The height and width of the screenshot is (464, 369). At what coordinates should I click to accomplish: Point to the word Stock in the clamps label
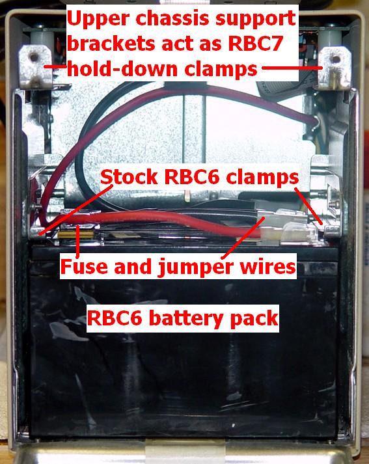pos(129,177)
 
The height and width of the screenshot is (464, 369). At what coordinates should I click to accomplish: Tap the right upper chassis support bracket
pos(335,68)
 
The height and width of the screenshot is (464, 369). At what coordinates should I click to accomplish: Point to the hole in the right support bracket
pos(336,59)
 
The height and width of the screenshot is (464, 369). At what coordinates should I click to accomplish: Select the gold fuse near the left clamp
pos(76,236)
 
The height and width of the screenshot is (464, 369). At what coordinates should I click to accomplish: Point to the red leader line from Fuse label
pos(78,242)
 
